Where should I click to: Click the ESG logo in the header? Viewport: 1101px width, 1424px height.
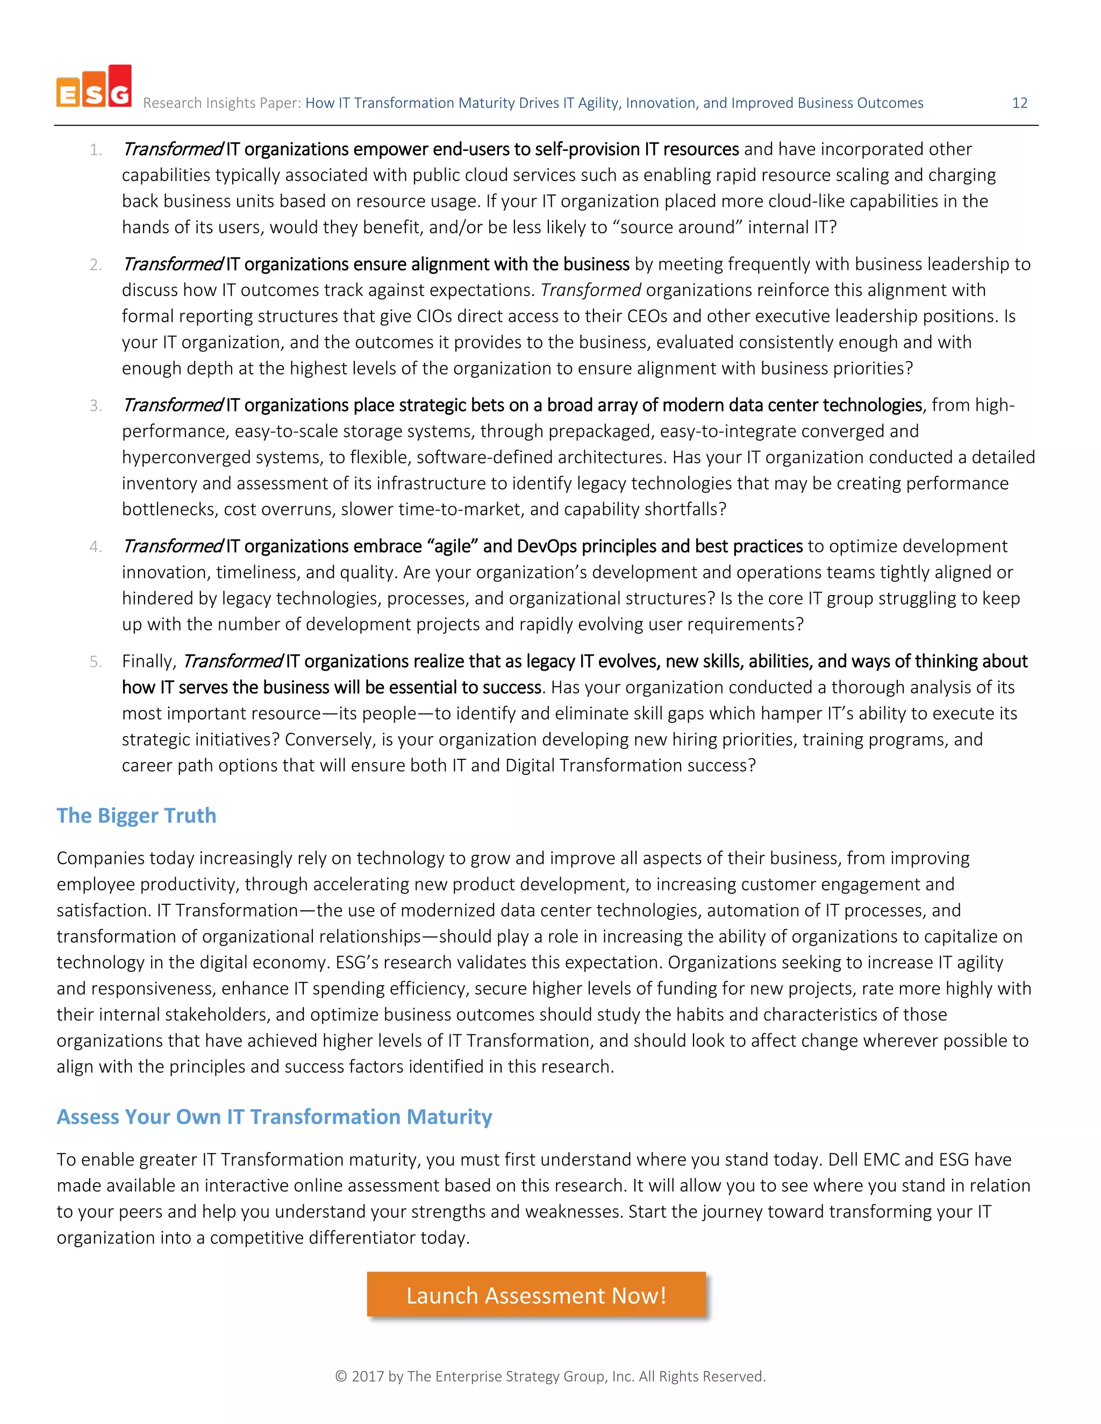point(94,86)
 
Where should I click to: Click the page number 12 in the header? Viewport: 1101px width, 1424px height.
point(1019,103)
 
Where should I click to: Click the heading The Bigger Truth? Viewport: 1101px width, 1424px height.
point(137,816)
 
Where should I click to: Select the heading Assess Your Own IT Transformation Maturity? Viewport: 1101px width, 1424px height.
point(274,1117)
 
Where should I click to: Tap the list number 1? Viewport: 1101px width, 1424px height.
point(96,150)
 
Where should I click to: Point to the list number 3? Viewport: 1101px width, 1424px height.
point(96,406)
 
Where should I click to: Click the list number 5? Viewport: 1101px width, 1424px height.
point(96,662)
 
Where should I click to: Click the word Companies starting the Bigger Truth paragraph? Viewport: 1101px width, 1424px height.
point(101,859)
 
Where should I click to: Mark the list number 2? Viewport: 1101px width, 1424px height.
point(96,265)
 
